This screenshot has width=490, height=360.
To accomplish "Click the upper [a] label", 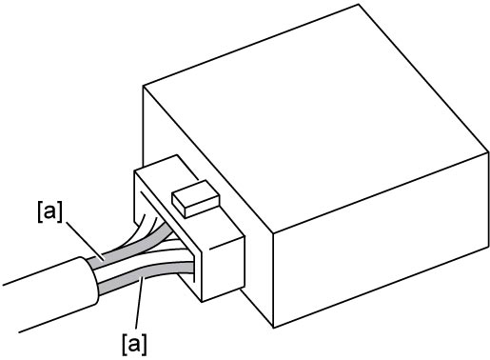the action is coord(49,212).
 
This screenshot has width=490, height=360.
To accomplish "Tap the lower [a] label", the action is coord(134,345).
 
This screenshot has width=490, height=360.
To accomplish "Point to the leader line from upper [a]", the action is coord(84,240).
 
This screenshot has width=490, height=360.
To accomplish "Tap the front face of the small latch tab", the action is coord(203,208).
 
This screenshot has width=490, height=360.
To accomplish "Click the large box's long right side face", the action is coord(381,241).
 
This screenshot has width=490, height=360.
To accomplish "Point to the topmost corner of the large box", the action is coord(359,4).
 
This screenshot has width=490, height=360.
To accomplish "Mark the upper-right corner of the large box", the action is coord(488,152).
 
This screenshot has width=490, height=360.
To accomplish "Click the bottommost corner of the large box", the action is coord(273,328).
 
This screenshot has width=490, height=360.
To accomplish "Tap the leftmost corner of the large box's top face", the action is coord(144,86).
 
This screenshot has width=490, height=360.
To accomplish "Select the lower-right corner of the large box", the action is coord(488,246).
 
